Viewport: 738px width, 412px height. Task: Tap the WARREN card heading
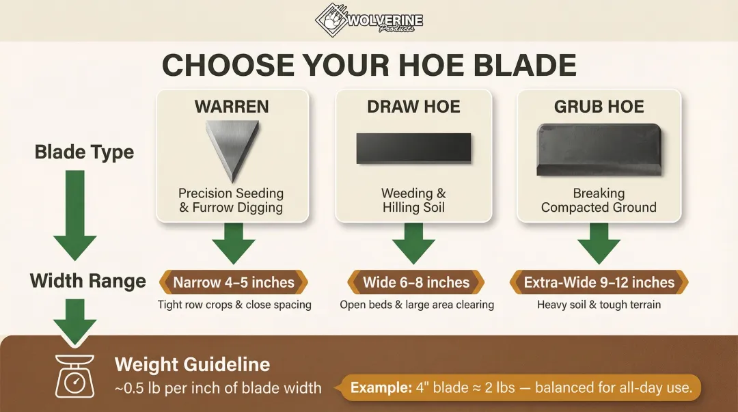tap(232, 107)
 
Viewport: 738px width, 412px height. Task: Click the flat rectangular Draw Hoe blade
tap(413, 148)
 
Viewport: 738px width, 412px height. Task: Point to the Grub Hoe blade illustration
tap(599, 150)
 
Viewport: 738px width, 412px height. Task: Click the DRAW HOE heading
tap(413, 107)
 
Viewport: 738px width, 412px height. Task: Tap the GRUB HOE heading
tap(599, 107)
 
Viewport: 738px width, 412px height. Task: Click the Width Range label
tap(87, 281)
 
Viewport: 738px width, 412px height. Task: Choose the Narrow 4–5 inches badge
tap(233, 282)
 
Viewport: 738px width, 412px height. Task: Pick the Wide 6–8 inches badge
tap(415, 282)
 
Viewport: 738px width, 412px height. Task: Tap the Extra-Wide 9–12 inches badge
tap(599, 282)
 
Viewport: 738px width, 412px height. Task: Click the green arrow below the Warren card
tap(233, 243)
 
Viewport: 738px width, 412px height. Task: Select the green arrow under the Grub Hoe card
tap(599, 243)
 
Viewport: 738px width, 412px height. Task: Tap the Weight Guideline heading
tap(192, 364)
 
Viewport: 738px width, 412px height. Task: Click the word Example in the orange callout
tap(380, 389)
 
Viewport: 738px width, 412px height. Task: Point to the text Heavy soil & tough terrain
tap(599, 305)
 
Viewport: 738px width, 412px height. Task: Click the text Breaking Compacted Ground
tap(599, 200)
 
